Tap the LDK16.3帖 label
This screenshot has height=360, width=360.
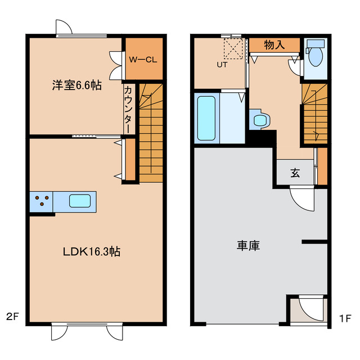[x=91, y=251]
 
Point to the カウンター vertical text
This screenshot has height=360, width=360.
[x=128, y=109]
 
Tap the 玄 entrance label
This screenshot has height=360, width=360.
[x=295, y=173]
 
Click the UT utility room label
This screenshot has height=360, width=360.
[x=223, y=65]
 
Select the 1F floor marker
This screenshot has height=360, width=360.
[x=345, y=317]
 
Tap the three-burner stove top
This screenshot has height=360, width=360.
[x=42, y=201]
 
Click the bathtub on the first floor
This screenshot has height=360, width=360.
[x=206, y=118]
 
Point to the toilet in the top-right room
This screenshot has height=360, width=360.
[x=316, y=55]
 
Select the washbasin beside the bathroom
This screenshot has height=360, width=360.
[x=260, y=119]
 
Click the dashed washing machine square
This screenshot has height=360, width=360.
[x=233, y=48]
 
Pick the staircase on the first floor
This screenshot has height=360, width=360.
[x=314, y=114]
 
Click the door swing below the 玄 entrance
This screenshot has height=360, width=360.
[x=302, y=199]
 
